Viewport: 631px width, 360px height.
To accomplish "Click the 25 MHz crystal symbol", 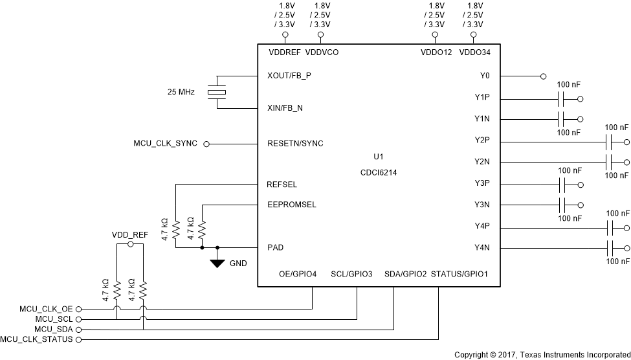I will (217, 92).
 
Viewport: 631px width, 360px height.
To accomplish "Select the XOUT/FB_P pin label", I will (289, 76).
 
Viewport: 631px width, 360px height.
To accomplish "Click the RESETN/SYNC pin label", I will (295, 144).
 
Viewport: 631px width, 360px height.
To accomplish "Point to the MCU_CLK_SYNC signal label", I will (165, 144).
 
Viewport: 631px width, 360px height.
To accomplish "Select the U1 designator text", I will (379, 157).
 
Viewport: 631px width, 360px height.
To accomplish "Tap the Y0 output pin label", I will (484, 76).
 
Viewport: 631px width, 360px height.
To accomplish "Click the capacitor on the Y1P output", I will (561, 99).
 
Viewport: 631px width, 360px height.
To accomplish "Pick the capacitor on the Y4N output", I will (609, 248).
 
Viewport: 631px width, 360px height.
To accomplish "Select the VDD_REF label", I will (129, 235).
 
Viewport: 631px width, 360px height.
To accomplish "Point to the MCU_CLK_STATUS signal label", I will (37, 339).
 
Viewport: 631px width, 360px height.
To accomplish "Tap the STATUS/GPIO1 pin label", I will (459, 275).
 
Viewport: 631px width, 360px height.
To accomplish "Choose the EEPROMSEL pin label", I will (291, 205).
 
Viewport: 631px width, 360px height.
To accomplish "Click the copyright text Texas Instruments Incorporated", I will (542, 355).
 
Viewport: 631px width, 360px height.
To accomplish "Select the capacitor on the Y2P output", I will (609, 141).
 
